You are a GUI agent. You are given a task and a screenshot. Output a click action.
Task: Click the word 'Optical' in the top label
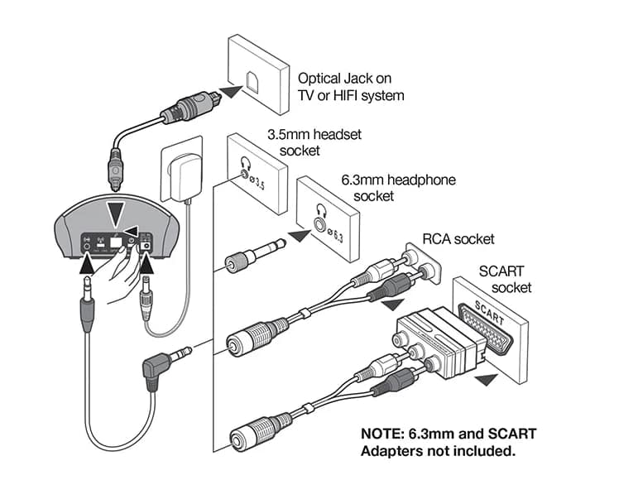tap(321, 78)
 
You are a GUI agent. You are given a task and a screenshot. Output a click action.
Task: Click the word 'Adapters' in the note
tap(391, 451)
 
